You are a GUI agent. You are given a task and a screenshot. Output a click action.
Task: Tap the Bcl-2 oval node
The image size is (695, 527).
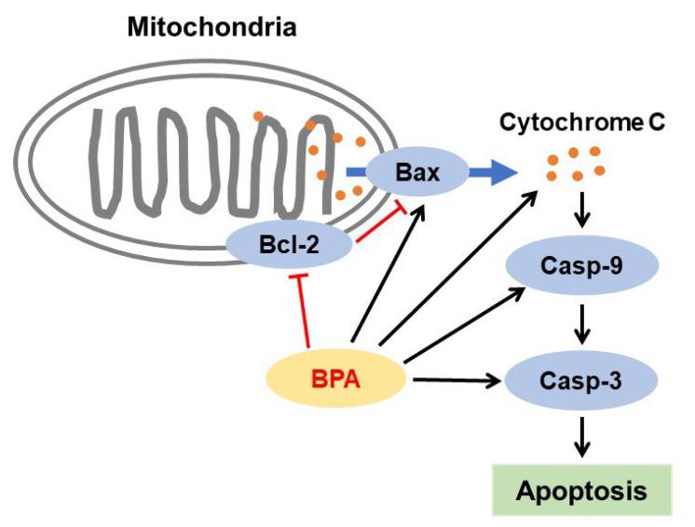(x=289, y=245)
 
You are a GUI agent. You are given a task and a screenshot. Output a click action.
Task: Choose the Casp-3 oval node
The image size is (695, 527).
(x=582, y=380)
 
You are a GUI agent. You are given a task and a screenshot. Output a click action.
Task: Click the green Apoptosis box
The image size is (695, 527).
(x=583, y=489)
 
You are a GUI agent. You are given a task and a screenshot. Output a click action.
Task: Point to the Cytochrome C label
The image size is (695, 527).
(x=581, y=123)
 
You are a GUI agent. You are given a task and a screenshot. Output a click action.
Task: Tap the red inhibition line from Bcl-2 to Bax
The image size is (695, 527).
(x=373, y=224)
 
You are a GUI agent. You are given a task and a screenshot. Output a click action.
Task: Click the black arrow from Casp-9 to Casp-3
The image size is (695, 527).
(x=583, y=323)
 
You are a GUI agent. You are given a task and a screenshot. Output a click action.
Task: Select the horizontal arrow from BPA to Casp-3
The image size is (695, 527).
(x=457, y=380)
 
